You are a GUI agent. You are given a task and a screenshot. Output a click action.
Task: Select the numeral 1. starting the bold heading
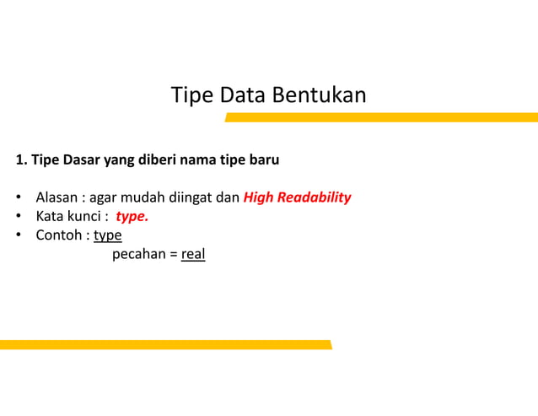point(21,159)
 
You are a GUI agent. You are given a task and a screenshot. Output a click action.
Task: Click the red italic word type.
point(132,217)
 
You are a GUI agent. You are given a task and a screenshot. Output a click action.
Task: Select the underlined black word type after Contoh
point(108,235)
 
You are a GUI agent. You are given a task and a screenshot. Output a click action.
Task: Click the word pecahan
point(139,254)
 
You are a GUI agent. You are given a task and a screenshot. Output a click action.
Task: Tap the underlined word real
point(193,254)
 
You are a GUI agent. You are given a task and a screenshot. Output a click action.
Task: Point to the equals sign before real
point(173,254)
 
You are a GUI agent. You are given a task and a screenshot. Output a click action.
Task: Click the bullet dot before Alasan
point(18,199)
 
